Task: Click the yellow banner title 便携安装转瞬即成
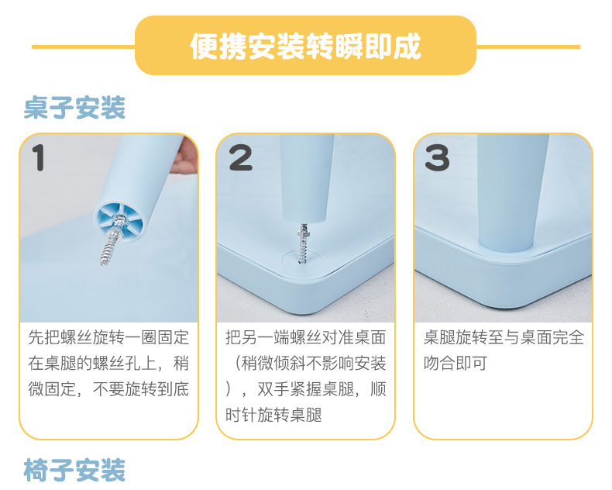pos(305,46)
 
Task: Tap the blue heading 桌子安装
pos(74,108)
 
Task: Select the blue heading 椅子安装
pos(74,470)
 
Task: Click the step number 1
pos(38,157)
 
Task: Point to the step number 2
pos(240,157)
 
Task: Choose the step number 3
pos(437,157)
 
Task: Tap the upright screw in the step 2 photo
pos(303,243)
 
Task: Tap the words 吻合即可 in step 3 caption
pos(455,363)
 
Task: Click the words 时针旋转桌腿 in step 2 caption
pos(273,415)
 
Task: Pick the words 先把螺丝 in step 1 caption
pos(60,337)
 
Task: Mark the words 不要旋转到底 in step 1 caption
pos(141,388)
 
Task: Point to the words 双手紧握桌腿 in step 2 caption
pos(305,388)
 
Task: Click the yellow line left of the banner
pos(84,47)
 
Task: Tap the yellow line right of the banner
pos(528,47)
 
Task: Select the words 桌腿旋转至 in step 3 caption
pos(464,337)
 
